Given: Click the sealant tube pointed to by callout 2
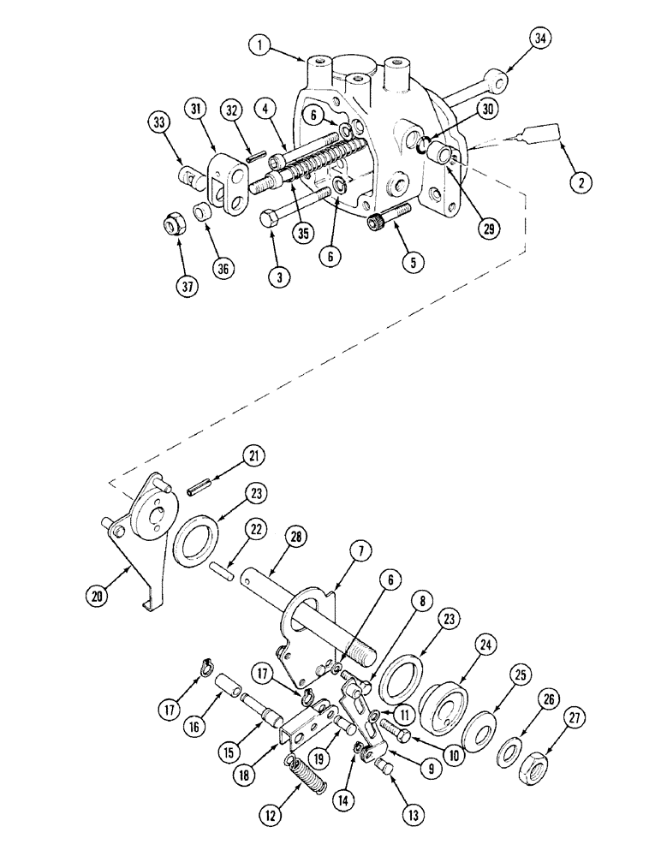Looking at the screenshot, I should (x=539, y=133).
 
